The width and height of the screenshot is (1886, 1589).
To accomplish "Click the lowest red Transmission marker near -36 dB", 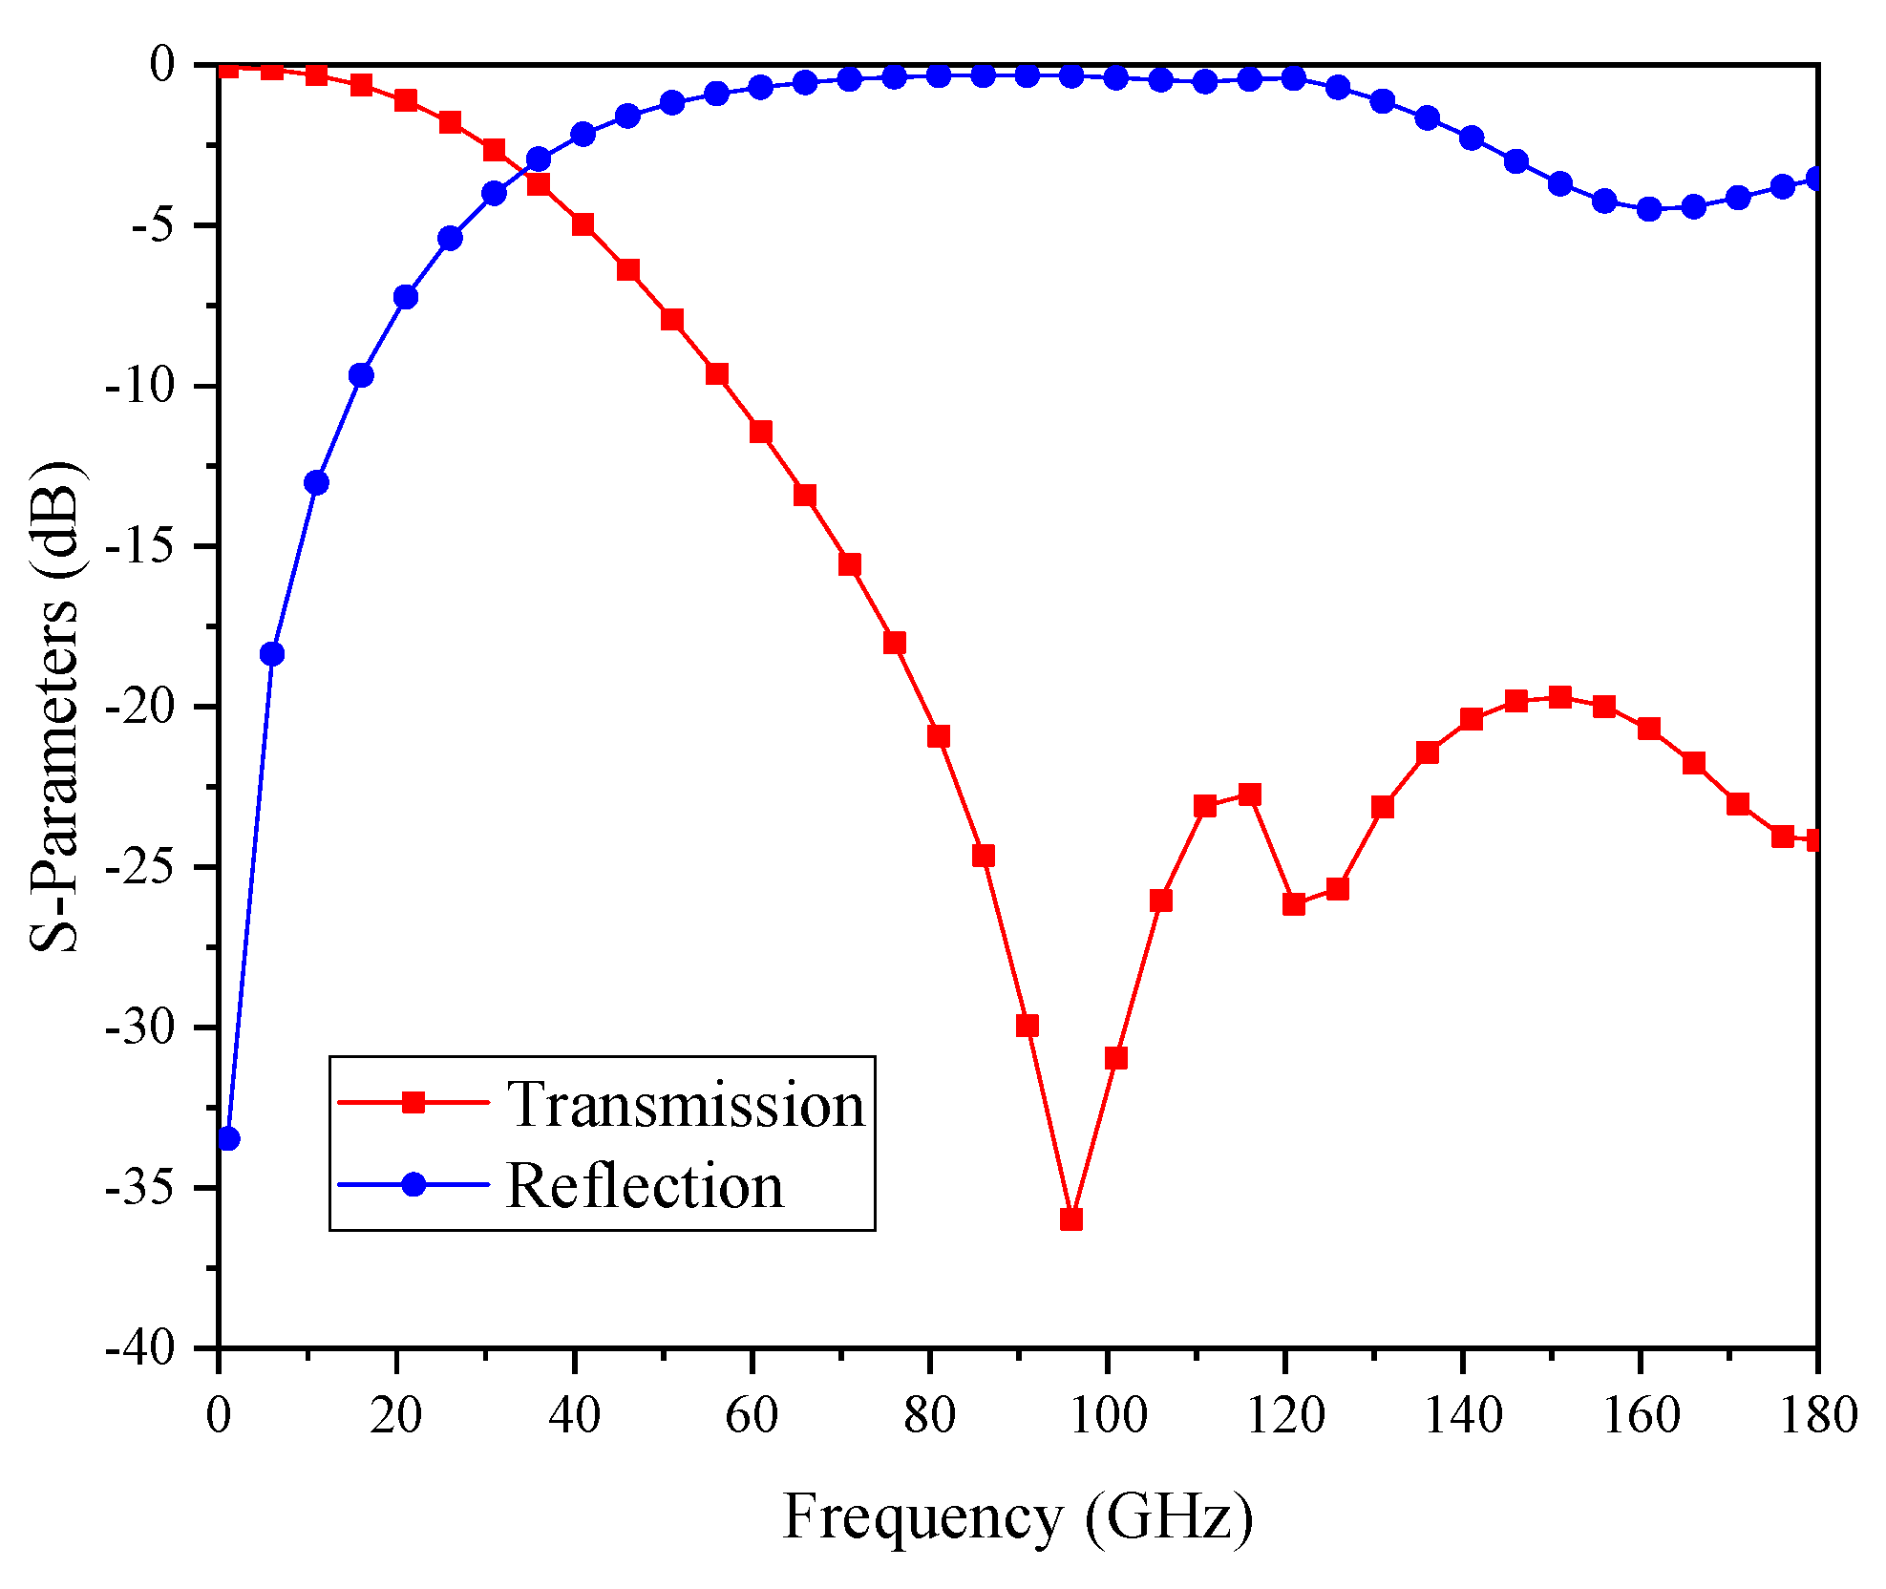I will pos(1071,1219).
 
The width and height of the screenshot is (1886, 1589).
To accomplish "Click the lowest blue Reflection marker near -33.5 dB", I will pos(228,1138).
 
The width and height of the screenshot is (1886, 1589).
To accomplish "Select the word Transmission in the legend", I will pos(685,1105).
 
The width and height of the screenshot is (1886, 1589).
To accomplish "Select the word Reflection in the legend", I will pos(645,1186).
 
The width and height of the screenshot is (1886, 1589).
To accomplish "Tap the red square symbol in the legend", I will pos(413,1102).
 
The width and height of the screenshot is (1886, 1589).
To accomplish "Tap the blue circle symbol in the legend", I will pos(413,1184).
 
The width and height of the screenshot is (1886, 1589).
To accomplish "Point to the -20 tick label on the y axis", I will pos(140,707).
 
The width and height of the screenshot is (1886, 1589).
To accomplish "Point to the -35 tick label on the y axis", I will pos(140,1188).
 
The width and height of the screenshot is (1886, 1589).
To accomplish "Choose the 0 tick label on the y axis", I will pos(162,64).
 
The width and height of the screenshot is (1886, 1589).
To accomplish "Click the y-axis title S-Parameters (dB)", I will pos(54,707).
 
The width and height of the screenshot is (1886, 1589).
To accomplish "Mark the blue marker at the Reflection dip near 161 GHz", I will pos(1649,209).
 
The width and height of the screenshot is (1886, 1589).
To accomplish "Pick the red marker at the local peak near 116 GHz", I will pos(1249,794).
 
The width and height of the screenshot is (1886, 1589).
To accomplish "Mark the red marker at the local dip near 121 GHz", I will pos(1294,904).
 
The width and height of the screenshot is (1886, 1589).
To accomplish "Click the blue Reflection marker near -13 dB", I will pos(317,482).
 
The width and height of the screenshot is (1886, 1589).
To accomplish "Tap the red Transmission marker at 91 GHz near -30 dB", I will pos(1028,1026).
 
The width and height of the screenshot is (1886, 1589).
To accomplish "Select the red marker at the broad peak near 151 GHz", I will pos(1560,697).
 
